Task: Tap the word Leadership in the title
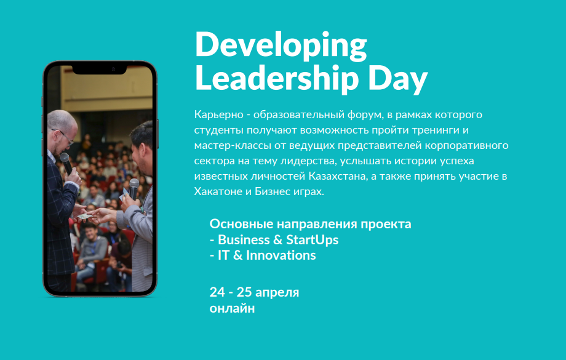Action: pyautogui.click(x=277, y=79)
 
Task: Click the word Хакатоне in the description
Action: pyautogui.click(x=218, y=191)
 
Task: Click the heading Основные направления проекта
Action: pyautogui.click(x=311, y=224)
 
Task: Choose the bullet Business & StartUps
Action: pyautogui.click(x=274, y=240)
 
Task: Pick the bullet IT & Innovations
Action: pyautogui.click(x=263, y=255)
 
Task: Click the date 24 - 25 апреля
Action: pyautogui.click(x=254, y=292)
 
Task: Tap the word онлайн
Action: pyautogui.click(x=232, y=308)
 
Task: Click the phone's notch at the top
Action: pyautogui.click(x=100, y=70)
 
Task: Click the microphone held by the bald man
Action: pyautogui.click(x=66, y=163)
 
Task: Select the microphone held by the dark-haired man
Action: pyautogui.click(x=134, y=188)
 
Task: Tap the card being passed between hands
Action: pyautogui.click(x=84, y=216)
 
